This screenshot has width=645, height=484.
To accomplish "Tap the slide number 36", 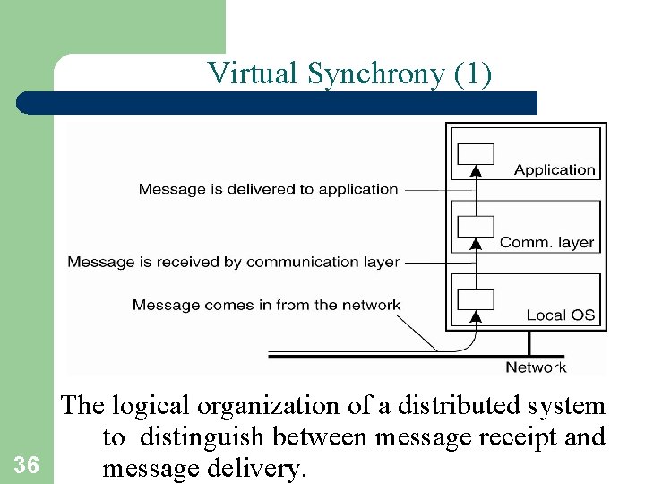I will click(x=27, y=464).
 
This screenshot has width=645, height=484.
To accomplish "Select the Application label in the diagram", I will click(x=555, y=169).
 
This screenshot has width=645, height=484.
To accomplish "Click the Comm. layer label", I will click(x=546, y=242).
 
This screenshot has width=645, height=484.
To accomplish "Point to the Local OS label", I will click(x=561, y=315).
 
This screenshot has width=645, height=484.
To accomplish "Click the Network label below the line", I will click(x=536, y=367).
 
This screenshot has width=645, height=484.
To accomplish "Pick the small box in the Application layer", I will click(x=476, y=153).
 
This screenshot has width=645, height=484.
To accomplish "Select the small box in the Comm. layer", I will click(x=476, y=226).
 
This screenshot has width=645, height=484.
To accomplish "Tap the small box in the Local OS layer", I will click(x=476, y=298).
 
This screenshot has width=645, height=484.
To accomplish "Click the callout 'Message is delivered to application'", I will click(x=268, y=189).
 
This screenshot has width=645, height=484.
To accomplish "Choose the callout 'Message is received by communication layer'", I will click(x=233, y=262).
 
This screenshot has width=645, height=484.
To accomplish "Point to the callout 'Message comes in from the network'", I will click(x=266, y=305).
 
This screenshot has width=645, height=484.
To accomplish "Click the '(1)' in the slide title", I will click(x=473, y=74).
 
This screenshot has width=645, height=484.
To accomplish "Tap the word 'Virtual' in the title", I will click(x=254, y=74).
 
